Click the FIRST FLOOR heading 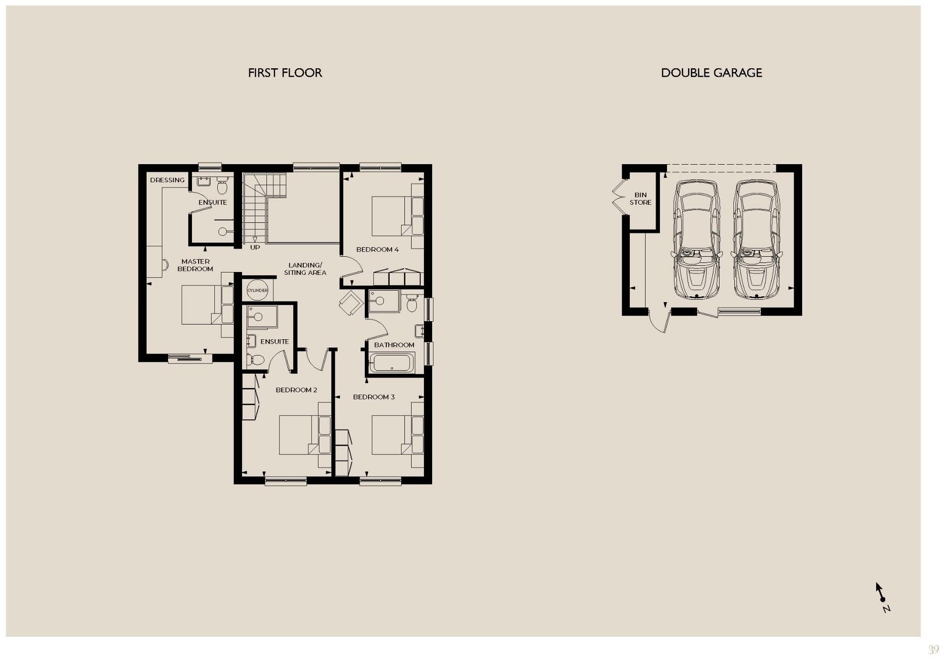coord(285,73)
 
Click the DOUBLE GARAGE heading coord(711,73)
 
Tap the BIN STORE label coord(640,199)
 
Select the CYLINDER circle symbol coord(257,290)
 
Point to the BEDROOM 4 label coord(377,250)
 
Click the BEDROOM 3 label coord(373,397)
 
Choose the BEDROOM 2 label coord(296,390)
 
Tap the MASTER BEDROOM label coord(195,265)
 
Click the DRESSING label coord(167,180)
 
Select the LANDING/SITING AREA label coord(305,269)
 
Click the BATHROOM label coord(394,345)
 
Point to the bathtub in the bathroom coord(392,363)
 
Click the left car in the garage coord(697,239)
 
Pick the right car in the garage coord(756,239)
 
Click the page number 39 coord(933,649)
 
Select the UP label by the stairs coord(255,248)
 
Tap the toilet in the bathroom coord(412,303)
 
